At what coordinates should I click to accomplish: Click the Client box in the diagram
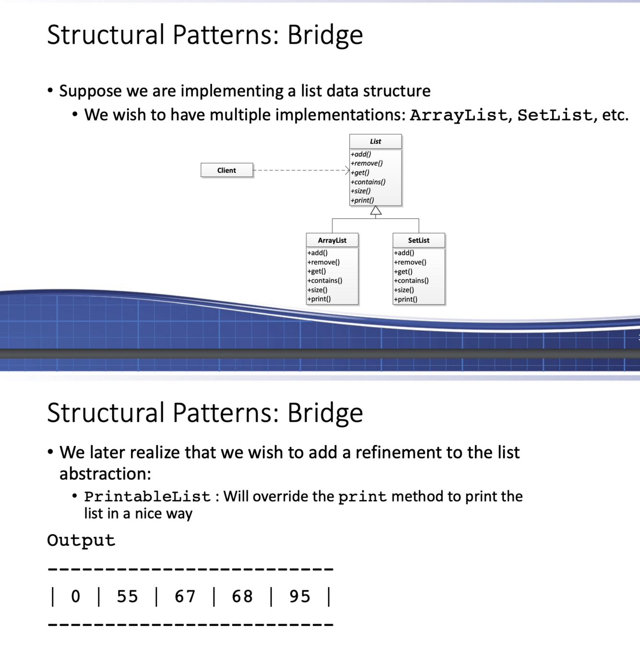coord(226,170)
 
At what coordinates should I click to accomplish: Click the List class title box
coord(375,142)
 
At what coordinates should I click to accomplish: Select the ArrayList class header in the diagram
coord(332,240)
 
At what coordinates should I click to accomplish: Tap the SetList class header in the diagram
coord(418,240)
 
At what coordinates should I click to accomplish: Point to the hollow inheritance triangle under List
coord(376,211)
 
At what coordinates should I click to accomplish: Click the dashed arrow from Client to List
coord(300,170)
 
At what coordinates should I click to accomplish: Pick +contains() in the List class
coord(368,182)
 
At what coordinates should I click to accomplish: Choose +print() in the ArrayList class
coord(319,299)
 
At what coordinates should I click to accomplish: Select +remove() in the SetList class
coord(410,262)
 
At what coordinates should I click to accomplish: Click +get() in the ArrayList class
coord(317,271)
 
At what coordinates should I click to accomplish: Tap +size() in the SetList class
coord(404,290)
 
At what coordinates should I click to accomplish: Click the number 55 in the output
coord(127,597)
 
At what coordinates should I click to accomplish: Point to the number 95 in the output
coord(300,597)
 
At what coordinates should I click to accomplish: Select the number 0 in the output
coord(76,597)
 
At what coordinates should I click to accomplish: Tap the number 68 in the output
coord(242,597)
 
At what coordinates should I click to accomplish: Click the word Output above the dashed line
coord(81,540)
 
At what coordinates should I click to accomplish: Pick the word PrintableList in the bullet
coord(147,497)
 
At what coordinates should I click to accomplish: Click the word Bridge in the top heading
coord(325,35)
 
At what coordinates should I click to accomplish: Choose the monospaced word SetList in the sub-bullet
coord(554,115)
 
